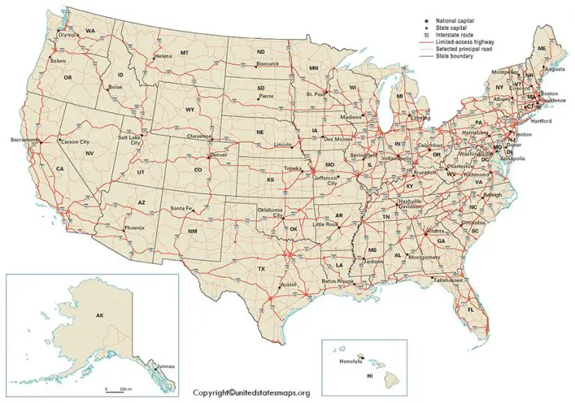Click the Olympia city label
click(68, 34)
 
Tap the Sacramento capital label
click(24, 140)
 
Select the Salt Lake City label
click(129, 141)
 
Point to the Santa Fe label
click(181, 208)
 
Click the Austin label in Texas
click(288, 286)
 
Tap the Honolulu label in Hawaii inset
click(350, 361)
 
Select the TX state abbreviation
click(261, 268)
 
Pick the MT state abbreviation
click(184, 53)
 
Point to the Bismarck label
click(267, 64)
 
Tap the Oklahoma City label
click(270, 213)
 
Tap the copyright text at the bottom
click(251, 393)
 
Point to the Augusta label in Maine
click(555, 69)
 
